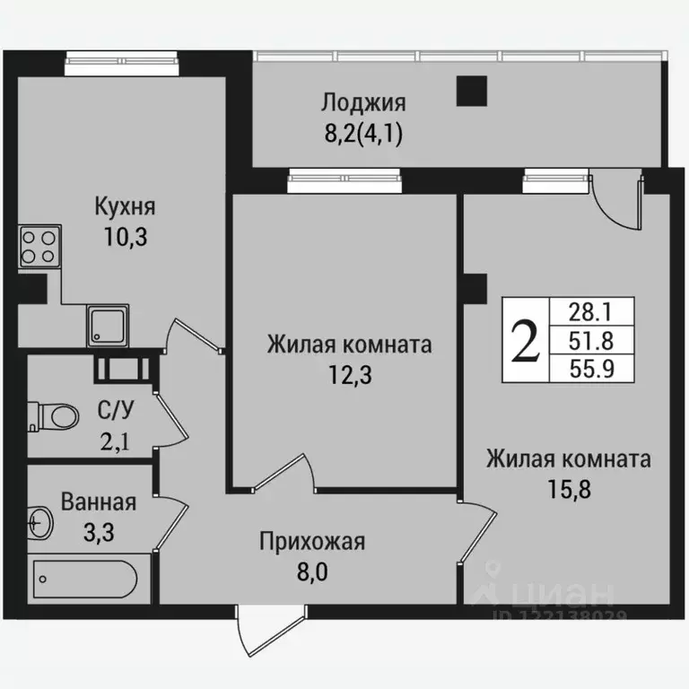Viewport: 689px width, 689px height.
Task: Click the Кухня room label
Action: (126, 207)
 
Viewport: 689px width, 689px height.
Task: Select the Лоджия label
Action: (364, 102)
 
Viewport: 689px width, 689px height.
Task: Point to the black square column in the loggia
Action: (471, 91)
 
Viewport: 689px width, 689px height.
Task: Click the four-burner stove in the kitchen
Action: (39, 246)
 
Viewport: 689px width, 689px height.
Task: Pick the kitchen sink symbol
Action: (109, 325)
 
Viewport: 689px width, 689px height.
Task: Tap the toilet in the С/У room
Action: (54, 415)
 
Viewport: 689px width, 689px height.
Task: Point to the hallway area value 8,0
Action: (312, 571)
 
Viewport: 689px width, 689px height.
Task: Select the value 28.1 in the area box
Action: (589, 311)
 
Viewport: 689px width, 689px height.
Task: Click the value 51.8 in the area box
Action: (589, 340)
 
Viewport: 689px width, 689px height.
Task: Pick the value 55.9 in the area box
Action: (589, 368)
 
